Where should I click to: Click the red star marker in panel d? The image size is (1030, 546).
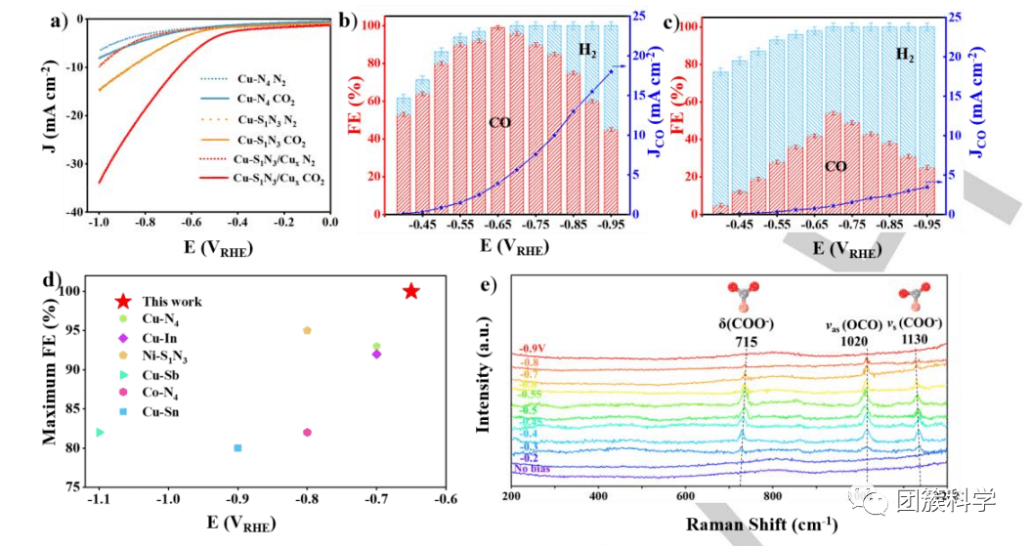tap(411, 291)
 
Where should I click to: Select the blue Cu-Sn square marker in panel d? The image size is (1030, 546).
tap(237, 448)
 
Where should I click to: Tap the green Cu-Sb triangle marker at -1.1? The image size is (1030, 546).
tap(99, 432)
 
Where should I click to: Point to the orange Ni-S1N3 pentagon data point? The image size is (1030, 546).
tap(307, 330)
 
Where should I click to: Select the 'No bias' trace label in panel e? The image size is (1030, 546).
tap(533, 469)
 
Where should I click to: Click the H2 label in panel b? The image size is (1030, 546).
tap(587, 50)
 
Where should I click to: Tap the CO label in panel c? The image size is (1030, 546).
tap(836, 166)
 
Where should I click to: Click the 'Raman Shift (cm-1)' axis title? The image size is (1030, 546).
tap(748, 524)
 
